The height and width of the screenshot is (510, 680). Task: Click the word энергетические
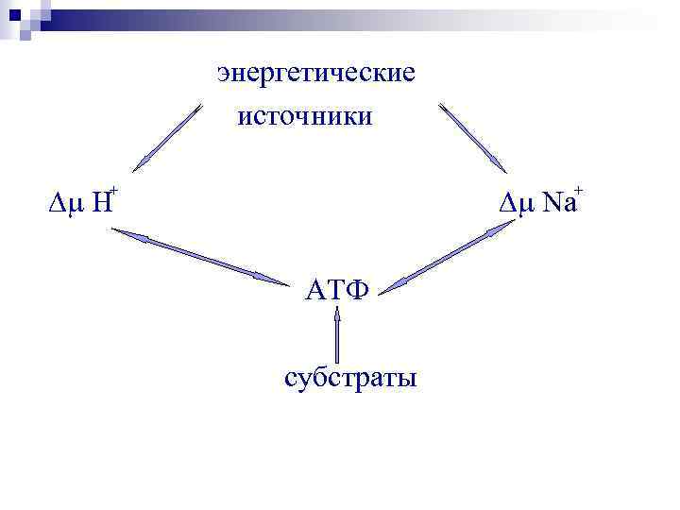[315, 74]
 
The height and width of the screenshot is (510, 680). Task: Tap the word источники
[306, 117]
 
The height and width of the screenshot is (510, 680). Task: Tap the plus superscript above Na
[578, 191]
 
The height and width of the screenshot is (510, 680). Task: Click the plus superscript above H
[113, 191]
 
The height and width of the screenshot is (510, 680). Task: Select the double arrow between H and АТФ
[200, 258]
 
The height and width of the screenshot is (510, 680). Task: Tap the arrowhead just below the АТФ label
[336, 315]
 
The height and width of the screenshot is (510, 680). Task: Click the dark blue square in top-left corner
[13, 15]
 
